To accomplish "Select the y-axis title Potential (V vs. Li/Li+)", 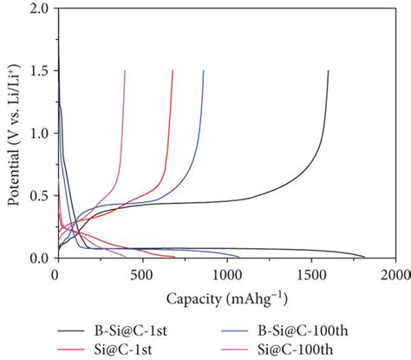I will pos(13,134).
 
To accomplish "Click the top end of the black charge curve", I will pos(328,71).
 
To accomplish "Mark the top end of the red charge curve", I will pos(173,71).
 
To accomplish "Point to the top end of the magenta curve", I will pos(126,71).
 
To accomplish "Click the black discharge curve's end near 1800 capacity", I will pos(365,258).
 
